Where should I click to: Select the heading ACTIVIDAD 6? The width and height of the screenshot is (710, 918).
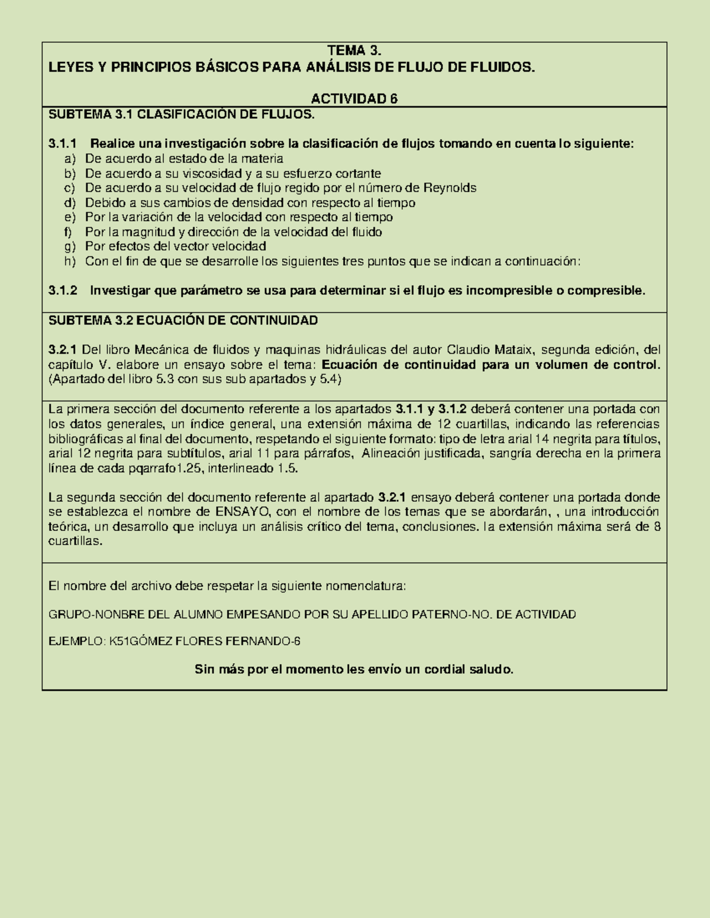click(354, 99)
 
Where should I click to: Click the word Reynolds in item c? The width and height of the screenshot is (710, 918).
click(450, 188)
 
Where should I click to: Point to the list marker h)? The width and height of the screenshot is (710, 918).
click(70, 261)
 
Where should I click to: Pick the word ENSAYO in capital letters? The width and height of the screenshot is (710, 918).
click(241, 512)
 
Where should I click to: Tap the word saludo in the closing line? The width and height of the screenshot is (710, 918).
click(491, 670)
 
